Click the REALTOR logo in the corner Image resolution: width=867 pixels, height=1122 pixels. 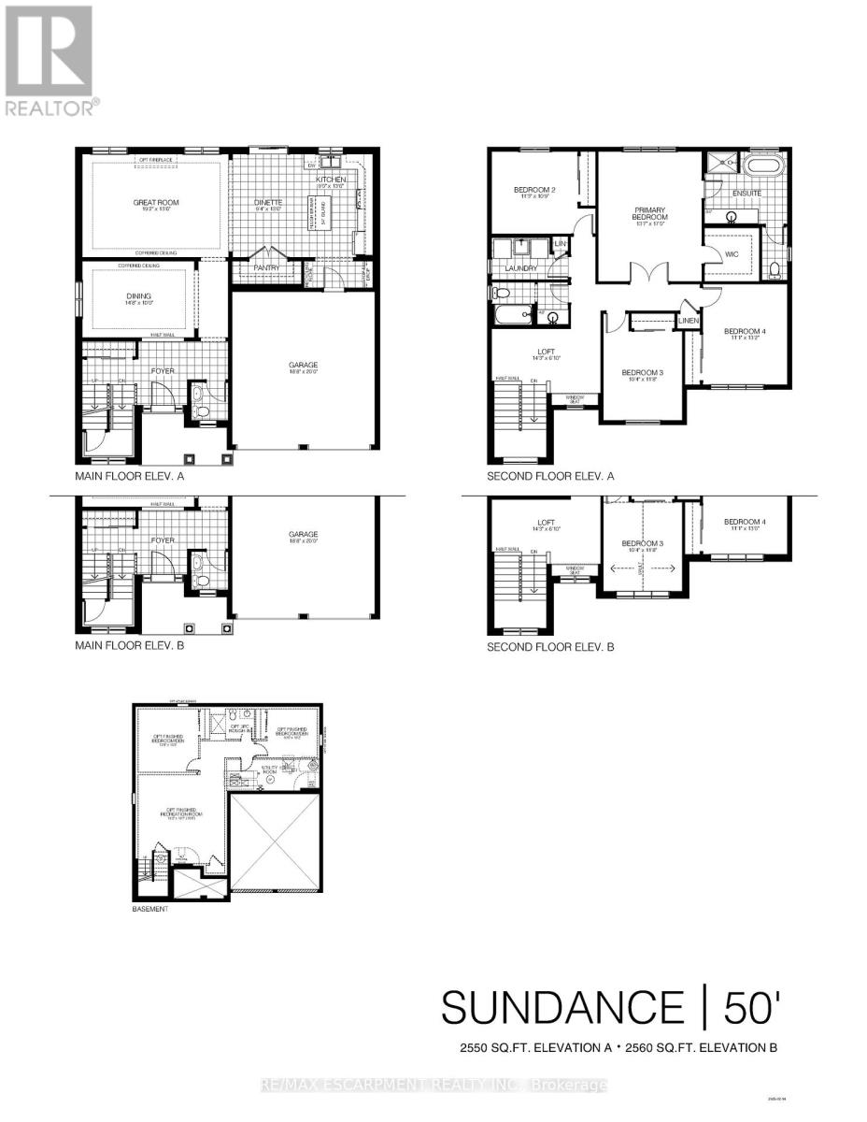[x=48, y=60]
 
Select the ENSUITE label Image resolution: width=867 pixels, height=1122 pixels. [x=746, y=194]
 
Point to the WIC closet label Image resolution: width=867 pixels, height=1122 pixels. [x=731, y=252]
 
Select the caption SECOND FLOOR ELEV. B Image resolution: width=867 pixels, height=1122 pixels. [x=550, y=646]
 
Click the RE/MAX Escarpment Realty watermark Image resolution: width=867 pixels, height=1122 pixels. [x=433, y=1086]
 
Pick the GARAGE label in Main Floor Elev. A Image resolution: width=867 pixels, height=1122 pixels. [x=305, y=367]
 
